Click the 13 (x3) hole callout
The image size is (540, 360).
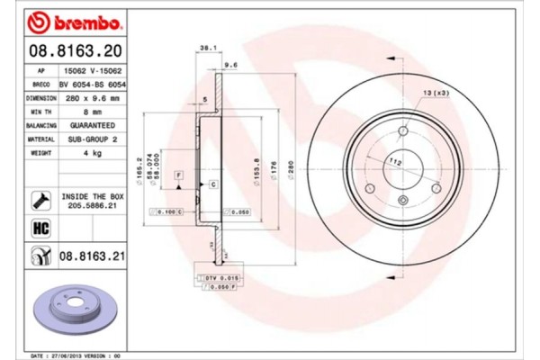tap(436, 93)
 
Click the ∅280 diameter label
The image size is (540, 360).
tap(290, 166)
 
